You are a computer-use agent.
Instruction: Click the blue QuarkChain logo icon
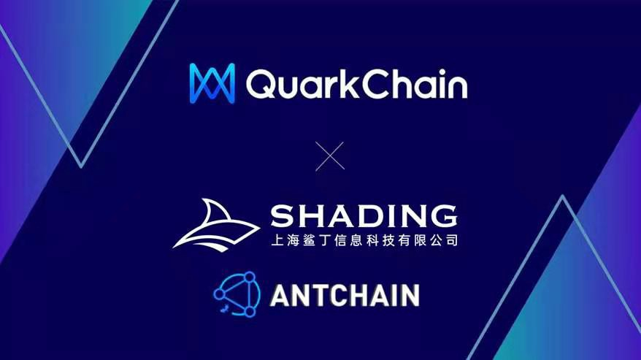click(212, 82)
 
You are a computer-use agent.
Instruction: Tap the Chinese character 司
click(451, 240)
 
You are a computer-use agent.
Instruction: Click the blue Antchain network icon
click(237, 294)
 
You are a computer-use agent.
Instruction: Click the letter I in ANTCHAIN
click(397, 294)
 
